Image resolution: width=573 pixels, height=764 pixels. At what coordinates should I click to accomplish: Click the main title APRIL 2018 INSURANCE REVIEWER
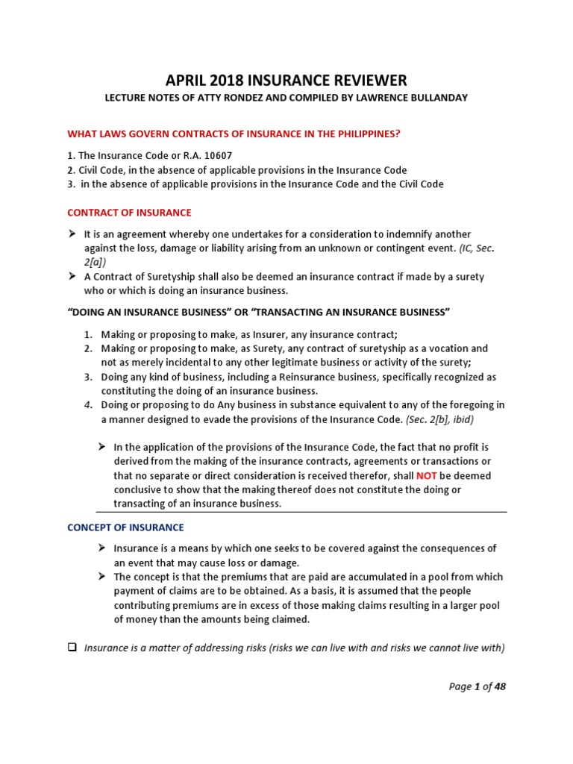(286, 81)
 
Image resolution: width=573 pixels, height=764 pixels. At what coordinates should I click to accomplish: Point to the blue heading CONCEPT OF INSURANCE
(125, 527)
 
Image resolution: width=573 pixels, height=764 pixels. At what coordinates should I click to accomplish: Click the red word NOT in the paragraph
(427, 475)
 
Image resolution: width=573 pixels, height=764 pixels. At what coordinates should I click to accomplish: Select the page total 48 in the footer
(500, 686)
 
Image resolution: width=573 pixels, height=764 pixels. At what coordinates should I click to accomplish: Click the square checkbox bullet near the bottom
(72, 648)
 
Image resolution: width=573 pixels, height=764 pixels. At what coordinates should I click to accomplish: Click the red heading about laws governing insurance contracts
(234, 134)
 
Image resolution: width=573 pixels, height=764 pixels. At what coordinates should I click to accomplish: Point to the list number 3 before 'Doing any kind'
(87, 377)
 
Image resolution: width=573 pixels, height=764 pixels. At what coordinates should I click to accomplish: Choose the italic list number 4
(87, 405)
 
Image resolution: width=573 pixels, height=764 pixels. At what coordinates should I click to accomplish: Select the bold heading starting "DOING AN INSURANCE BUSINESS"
(259, 311)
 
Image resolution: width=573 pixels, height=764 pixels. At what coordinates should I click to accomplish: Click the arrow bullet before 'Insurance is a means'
(103, 548)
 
